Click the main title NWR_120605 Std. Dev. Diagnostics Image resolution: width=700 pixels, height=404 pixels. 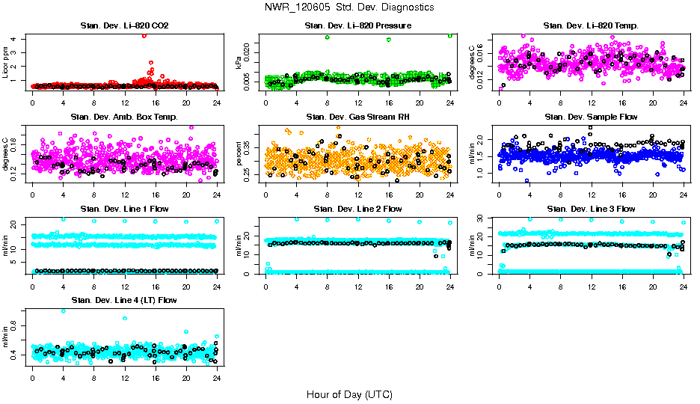click(349, 7)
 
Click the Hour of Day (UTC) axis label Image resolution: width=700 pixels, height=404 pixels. click(349, 394)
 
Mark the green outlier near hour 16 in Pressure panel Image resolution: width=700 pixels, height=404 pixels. click(389, 40)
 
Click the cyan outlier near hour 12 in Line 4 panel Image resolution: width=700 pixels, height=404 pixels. click(124, 318)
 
